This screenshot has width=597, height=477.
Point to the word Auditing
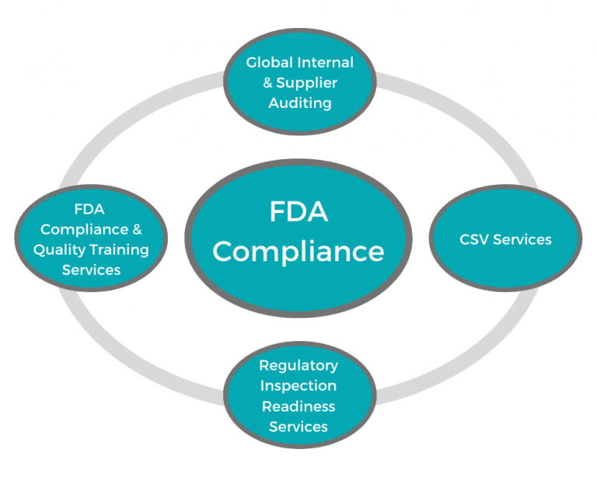[299, 103]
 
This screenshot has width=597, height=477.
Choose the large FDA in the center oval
[298, 212]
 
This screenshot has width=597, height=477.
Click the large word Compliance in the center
[298, 251]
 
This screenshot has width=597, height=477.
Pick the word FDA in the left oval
[89, 209]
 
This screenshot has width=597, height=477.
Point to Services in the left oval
[91, 270]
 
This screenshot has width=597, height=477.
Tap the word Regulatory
[298, 364]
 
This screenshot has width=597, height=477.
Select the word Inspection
[298, 385]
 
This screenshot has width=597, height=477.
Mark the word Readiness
[298, 406]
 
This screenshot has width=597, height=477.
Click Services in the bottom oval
[298, 426]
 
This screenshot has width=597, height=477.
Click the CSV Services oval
[505, 264]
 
